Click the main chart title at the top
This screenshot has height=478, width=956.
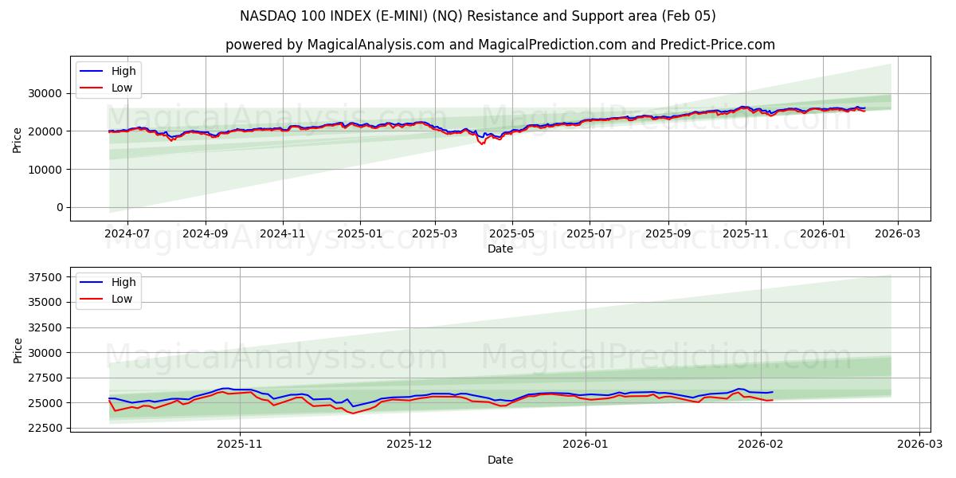(x=478, y=16)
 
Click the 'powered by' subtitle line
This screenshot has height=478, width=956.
(x=500, y=45)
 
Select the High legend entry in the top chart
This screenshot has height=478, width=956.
(x=123, y=71)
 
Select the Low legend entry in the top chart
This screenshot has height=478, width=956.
(x=122, y=88)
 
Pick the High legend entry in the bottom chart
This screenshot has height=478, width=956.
(x=123, y=282)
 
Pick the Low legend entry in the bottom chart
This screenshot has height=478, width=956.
(x=122, y=299)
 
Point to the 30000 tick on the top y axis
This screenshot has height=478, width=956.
(x=48, y=93)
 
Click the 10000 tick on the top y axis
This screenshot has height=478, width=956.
(x=48, y=169)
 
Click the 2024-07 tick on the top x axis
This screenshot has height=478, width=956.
(x=127, y=234)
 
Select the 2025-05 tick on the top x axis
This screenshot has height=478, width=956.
(x=512, y=234)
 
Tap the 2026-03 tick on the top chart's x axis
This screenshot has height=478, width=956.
(x=898, y=234)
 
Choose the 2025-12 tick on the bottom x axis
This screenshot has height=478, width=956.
(x=409, y=445)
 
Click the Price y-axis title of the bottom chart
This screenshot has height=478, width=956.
(x=18, y=350)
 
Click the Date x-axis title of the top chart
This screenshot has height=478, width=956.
(x=500, y=249)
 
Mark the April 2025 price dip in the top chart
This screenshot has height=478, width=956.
(x=481, y=143)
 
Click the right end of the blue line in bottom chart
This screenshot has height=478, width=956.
(x=772, y=392)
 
